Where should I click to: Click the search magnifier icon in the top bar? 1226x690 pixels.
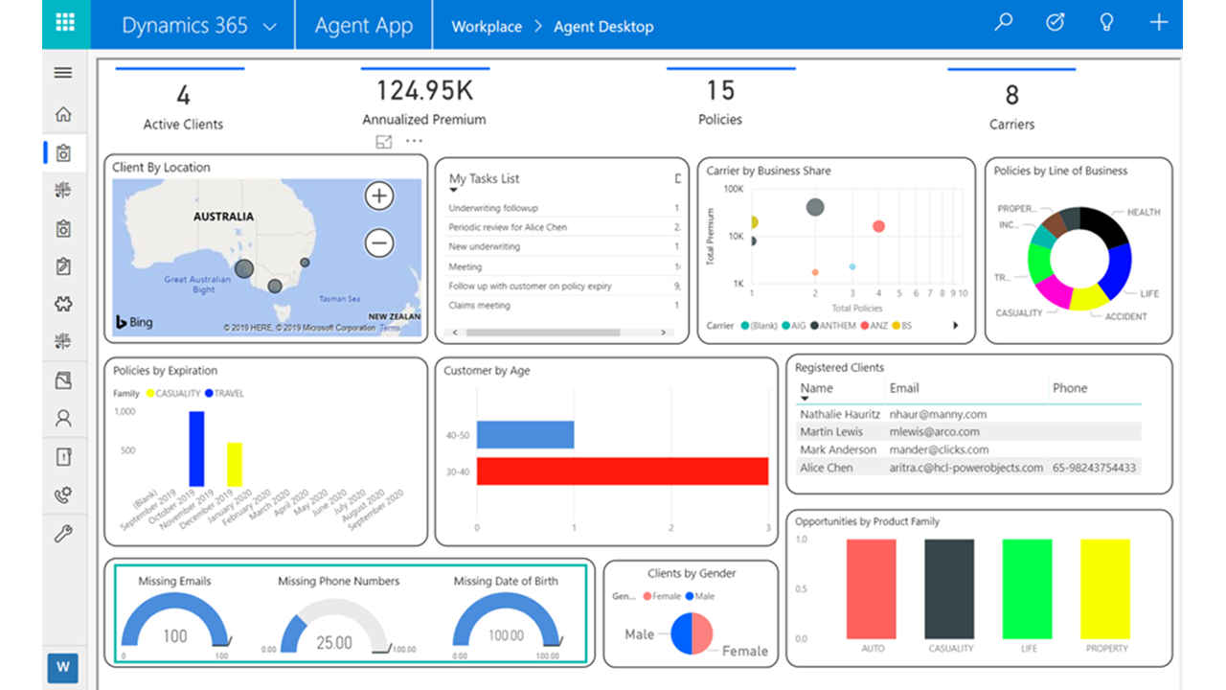(1004, 22)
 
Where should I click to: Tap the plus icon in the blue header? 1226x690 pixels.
(1159, 22)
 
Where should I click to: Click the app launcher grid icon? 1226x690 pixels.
(66, 24)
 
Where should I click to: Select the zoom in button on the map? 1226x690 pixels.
(380, 196)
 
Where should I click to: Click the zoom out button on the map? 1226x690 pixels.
(380, 243)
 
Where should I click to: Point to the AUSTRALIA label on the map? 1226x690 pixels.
(223, 217)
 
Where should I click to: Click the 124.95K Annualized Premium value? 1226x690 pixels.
(424, 91)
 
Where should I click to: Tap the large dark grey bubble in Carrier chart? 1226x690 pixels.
(815, 206)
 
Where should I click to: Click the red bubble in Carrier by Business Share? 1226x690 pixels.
(878, 226)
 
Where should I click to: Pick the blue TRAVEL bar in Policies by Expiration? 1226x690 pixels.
(196, 448)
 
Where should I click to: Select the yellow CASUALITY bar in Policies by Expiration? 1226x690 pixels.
(235, 464)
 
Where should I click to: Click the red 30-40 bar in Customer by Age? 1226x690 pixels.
(623, 471)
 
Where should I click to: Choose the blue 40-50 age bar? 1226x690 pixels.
(525, 435)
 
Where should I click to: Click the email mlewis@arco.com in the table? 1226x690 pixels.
(934, 432)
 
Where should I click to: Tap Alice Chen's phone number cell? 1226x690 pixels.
(1094, 468)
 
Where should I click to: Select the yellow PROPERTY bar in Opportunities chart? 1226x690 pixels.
(1105, 588)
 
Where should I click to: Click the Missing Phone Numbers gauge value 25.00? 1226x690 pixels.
(334, 642)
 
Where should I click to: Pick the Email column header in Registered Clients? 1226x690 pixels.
(904, 388)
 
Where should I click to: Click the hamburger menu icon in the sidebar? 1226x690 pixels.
(63, 73)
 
